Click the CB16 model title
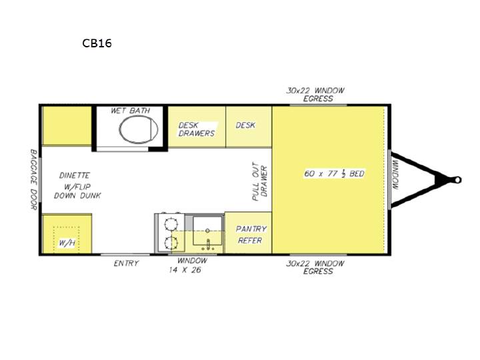coord(97,43)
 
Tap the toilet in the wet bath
coord(139,129)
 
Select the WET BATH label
coord(131,111)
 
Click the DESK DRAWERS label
coord(197,129)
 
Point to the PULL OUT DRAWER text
coord(259,181)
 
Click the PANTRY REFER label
coord(251,235)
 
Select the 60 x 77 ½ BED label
coord(334,173)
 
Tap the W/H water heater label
coord(67,243)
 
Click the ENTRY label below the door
coord(126,263)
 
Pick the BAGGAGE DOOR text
coord(34,179)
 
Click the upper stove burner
coord(171,225)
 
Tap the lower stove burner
coord(171,243)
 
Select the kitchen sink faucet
coord(208,245)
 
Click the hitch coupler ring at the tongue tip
coord(457,180)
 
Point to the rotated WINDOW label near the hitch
coord(395,175)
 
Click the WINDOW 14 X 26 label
coord(188,265)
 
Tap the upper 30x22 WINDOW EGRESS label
coord(315,94)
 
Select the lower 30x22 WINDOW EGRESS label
coord(315,267)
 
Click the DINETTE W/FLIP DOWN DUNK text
coord(77,185)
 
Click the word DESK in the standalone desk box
coord(245,125)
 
